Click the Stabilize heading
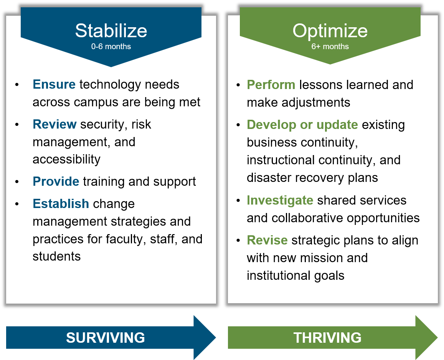point(111,31)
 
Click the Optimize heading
point(330,31)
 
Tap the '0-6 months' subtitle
point(111,46)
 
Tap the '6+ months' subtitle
point(330,46)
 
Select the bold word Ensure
point(54,84)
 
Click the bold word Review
point(54,124)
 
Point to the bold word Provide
point(56,182)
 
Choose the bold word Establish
point(61,204)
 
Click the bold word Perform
point(271,85)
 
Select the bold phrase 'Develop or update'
point(302,125)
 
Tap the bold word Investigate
point(280,201)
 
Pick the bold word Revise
point(267,240)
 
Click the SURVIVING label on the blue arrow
point(105,338)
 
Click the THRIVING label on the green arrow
point(327,338)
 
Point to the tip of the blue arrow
point(216,337)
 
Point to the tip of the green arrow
point(437,337)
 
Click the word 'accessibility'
point(66,159)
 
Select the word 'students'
point(57,256)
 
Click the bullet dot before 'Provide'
point(17,182)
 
